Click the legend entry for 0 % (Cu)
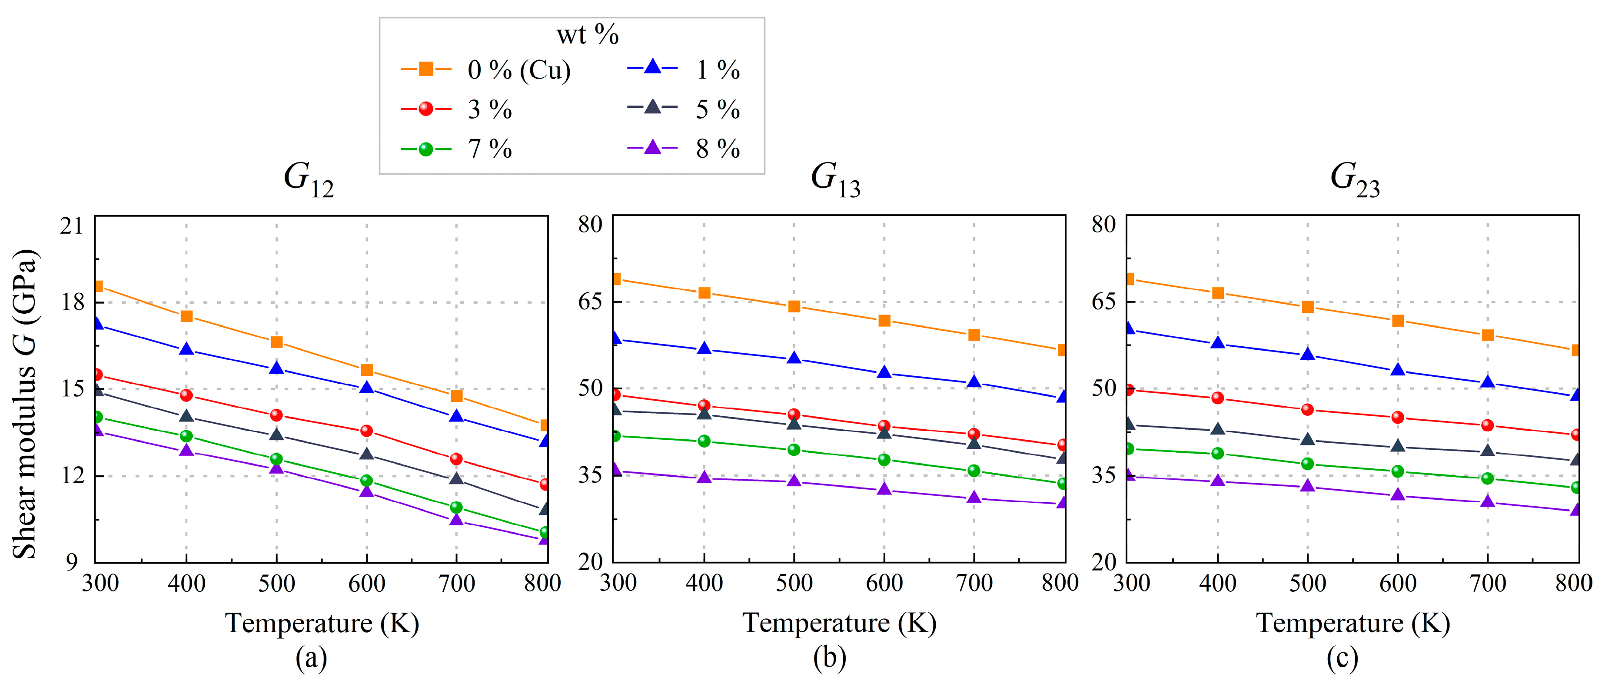coord(486,70)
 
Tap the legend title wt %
coord(587,35)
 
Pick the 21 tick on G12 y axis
coord(72,226)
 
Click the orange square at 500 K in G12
coord(277,342)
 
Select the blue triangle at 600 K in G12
coord(366,387)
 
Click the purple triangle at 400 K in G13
coord(704,477)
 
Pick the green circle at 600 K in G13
coord(884,460)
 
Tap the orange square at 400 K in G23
coord(1217,293)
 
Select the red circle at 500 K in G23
coord(1307,409)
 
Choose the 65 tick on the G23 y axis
coord(1104,302)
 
